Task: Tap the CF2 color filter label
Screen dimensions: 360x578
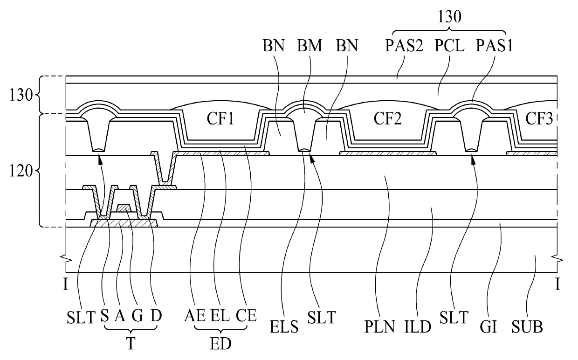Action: tap(387, 119)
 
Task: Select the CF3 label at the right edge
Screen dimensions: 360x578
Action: tap(539, 119)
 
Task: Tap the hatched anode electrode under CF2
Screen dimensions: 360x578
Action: tap(388, 153)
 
